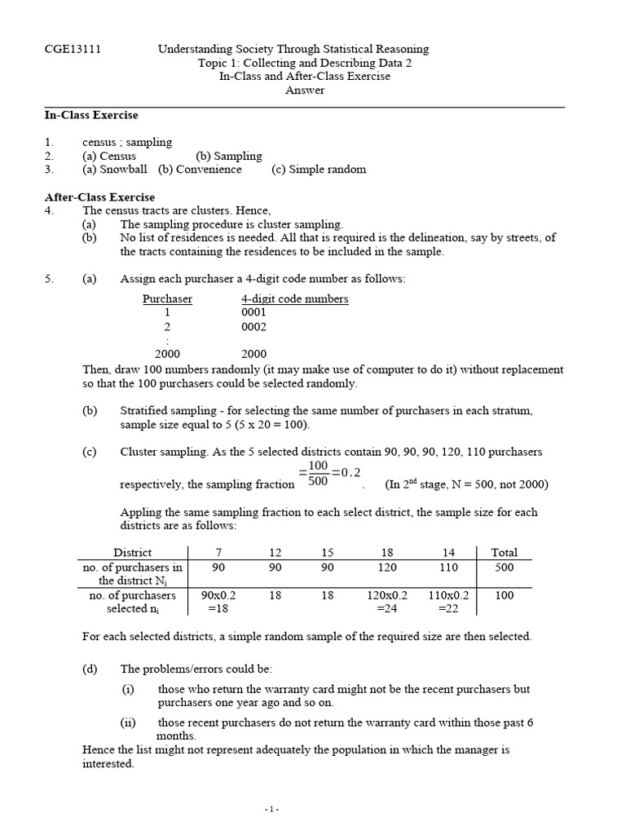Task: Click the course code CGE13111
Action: (x=72, y=49)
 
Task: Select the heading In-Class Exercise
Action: (x=90, y=115)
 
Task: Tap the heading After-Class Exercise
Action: (x=99, y=197)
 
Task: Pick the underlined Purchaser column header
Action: (x=167, y=298)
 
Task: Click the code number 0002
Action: (x=253, y=326)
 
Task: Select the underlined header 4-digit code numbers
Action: (x=294, y=298)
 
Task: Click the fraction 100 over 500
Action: (x=318, y=472)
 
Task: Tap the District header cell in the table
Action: (x=132, y=552)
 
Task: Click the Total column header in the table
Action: (x=504, y=552)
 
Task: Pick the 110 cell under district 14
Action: (x=448, y=567)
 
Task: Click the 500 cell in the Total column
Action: (x=504, y=567)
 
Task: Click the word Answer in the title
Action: (x=304, y=91)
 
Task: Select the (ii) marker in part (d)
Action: (x=128, y=722)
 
